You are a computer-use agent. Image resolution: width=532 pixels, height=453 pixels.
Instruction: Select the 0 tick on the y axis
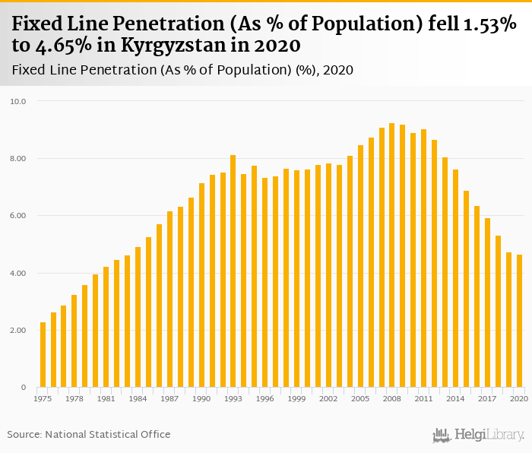(x=23, y=388)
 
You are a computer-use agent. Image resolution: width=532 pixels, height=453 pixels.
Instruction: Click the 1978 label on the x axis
(x=74, y=398)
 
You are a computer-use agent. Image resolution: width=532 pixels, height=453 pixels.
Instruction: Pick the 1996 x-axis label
(x=265, y=398)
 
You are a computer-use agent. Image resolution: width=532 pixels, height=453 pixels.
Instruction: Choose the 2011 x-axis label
(x=423, y=398)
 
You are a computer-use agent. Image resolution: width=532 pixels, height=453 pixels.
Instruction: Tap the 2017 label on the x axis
(x=487, y=398)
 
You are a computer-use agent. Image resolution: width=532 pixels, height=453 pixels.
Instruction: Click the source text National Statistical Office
(x=108, y=435)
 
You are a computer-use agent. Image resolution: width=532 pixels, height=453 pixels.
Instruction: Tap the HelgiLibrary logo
(x=479, y=436)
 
